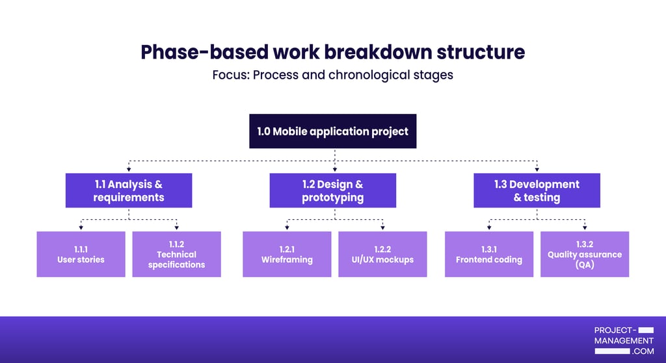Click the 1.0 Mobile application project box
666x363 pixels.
tap(332, 131)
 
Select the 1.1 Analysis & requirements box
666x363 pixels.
tap(128, 191)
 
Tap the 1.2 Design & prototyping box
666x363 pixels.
tap(332, 191)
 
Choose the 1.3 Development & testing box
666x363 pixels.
tap(537, 191)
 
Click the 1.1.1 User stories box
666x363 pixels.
tap(81, 254)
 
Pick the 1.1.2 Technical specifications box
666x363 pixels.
tap(176, 254)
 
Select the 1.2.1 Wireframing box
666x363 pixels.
tap(287, 254)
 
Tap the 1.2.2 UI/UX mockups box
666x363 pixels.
tap(382, 254)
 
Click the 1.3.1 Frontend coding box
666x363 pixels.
tap(488, 254)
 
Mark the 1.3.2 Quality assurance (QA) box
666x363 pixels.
tap(585, 254)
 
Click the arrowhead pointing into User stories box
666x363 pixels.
tap(81, 228)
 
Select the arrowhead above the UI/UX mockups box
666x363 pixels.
tap(382, 228)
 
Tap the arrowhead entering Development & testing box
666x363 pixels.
tap(537, 170)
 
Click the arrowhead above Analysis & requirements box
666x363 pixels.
tap(128, 170)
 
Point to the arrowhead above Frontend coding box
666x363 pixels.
tap(488, 228)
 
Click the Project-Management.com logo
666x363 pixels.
tap(624, 341)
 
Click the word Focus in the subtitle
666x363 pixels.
tap(230, 75)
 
